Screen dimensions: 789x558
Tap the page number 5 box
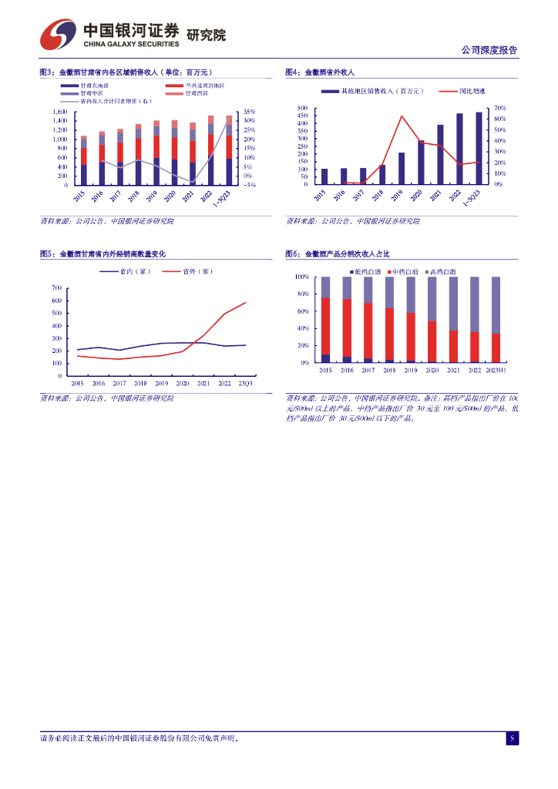coord(512,738)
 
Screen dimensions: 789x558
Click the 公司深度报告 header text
coord(489,50)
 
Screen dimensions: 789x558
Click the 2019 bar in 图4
coord(402,168)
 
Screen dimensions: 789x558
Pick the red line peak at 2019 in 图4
coord(402,116)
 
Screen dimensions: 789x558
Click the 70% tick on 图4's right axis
coord(499,108)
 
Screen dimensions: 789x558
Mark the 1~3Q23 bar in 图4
coord(479,148)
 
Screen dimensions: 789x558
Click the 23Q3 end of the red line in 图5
coord(246,302)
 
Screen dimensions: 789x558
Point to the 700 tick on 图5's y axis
coord(57,288)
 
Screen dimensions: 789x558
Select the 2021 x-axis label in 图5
coord(203,383)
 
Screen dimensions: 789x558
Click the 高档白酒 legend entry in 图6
coord(442,272)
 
